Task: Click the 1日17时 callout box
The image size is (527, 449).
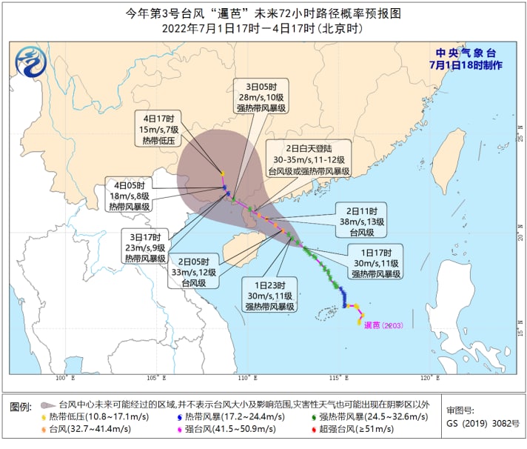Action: click(x=375, y=262)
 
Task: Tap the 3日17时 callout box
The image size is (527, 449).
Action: click(x=144, y=247)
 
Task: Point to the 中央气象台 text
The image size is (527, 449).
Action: click(x=465, y=53)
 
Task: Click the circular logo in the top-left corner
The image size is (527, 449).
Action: click(x=31, y=61)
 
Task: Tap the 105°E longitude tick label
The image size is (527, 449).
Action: click(x=157, y=379)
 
